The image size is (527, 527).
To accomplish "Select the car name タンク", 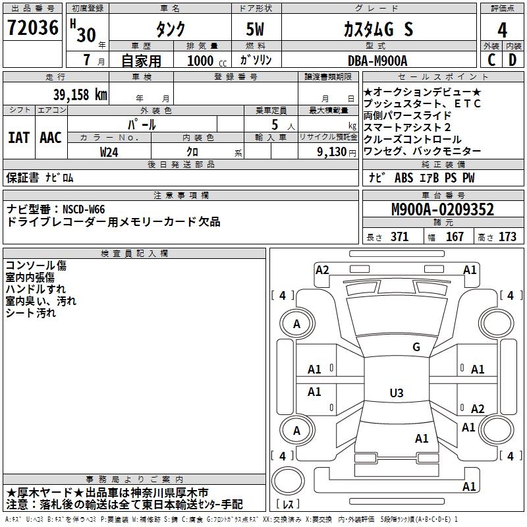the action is [169, 30].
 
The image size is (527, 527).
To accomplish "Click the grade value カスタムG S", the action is [378, 30].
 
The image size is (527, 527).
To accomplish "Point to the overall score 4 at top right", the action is [503, 30].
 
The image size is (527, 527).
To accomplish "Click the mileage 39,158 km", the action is [79, 94].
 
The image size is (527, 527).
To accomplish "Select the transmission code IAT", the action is [18, 137].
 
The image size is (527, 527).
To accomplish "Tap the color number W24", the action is [109, 152].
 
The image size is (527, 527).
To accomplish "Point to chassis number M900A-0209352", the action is [442, 209].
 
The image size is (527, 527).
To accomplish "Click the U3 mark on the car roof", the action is [396, 393].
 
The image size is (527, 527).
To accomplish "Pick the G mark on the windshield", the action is [416, 347].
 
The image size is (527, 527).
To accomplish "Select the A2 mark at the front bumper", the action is [322, 269].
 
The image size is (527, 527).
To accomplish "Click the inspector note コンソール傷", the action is [36, 265].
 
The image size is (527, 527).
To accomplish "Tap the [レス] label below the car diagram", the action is [288, 504].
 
